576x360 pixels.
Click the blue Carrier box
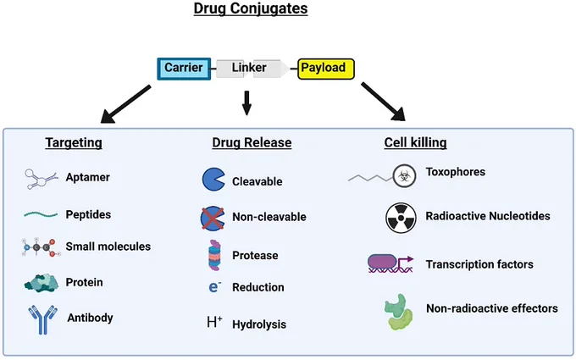tap(184, 69)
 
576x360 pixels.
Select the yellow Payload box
tap(326, 69)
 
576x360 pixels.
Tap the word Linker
tap(249, 68)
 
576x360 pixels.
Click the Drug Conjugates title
tap(251, 8)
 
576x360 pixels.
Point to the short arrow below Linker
tap(246, 103)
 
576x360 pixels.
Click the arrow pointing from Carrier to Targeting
tap(125, 104)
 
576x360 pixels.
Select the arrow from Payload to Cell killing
tap(384, 102)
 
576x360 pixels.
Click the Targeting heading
tap(74, 142)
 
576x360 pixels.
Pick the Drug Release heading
tap(252, 142)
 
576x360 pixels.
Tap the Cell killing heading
tap(415, 142)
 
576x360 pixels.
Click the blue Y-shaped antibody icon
tap(43, 319)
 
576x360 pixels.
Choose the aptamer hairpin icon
tap(42, 179)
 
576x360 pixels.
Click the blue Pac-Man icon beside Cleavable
tap(213, 180)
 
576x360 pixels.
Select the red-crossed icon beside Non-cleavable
tap(213, 219)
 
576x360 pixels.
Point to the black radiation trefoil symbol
tap(402, 218)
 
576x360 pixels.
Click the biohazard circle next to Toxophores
tap(404, 176)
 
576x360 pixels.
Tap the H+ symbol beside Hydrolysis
tap(214, 322)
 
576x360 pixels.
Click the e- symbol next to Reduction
tap(215, 286)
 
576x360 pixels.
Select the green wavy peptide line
tap(41, 214)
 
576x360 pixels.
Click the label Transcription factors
tap(479, 264)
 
